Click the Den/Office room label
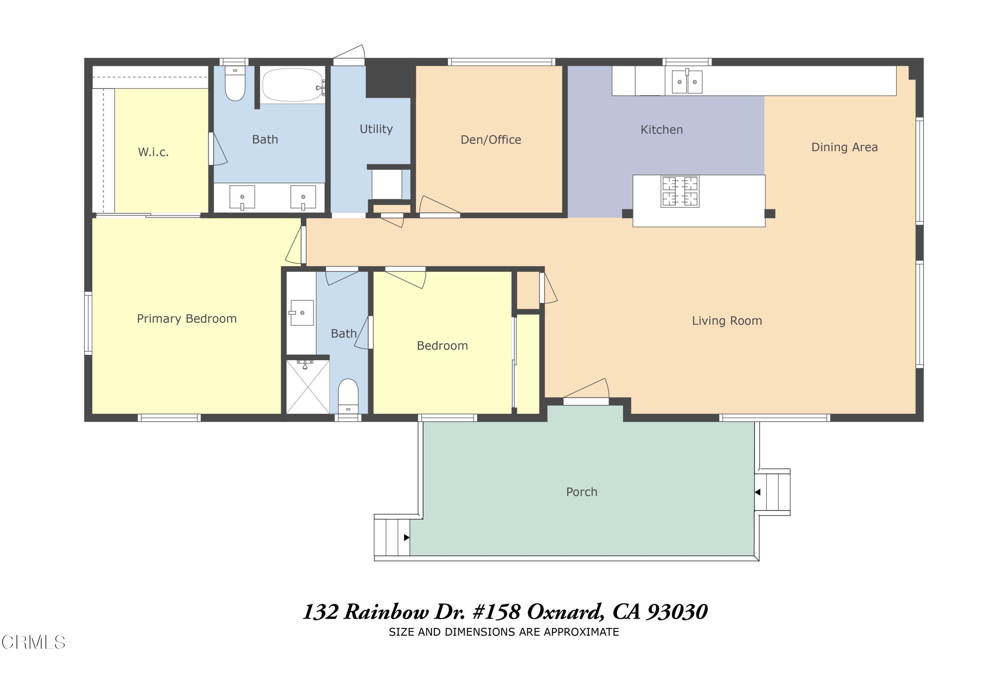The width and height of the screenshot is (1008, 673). click(x=491, y=140)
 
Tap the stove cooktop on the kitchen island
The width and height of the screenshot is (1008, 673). click(x=680, y=191)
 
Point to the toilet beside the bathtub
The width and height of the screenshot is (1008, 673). click(x=235, y=84)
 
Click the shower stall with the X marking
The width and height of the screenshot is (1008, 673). click(x=307, y=387)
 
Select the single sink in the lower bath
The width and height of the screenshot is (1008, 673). click(x=302, y=312)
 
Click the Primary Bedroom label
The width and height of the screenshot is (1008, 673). click(x=186, y=319)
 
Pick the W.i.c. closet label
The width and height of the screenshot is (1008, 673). click(x=153, y=152)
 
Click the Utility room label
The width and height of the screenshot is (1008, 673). click(x=376, y=129)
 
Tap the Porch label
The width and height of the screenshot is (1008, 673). click(x=581, y=492)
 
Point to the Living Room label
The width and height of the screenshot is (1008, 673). click(x=727, y=321)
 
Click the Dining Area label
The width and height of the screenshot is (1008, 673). click(x=844, y=147)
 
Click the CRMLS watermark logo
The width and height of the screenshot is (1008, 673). click(x=34, y=642)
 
